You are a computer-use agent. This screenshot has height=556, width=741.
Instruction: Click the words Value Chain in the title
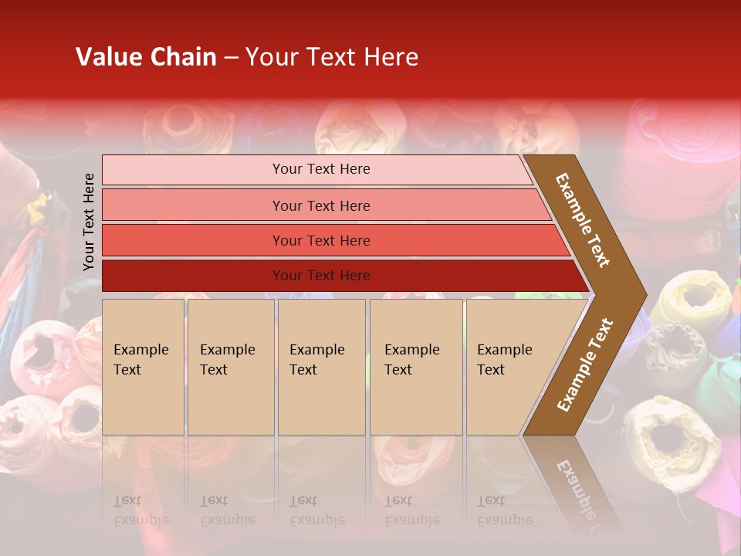coord(146,57)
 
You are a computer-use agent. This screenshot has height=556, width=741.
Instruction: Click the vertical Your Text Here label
coord(89,222)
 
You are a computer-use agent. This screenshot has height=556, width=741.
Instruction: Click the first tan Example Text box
coord(143,367)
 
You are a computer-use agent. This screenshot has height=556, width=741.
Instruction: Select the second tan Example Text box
coord(231,367)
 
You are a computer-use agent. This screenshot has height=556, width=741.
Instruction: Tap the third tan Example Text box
coord(321,367)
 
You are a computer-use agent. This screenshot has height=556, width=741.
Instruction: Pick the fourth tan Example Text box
coord(416,367)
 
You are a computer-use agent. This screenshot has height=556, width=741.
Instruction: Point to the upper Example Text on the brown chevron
coord(583,220)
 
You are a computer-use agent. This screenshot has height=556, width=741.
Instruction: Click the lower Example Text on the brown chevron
coord(585,365)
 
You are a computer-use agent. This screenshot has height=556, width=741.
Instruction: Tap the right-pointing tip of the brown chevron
coord(642,294)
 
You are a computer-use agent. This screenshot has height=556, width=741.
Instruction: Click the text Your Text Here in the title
coord(332,57)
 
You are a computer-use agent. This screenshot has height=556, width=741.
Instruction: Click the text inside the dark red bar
coord(321,276)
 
